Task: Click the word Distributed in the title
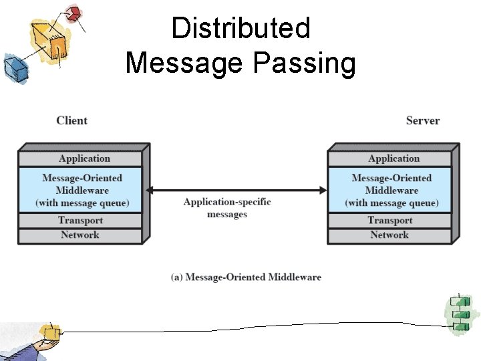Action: [x=240, y=29]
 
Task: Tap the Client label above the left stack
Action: [x=71, y=120]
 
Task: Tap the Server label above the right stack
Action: [x=422, y=120]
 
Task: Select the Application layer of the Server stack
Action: [x=393, y=158]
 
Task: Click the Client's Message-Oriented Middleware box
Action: [x=82, y=190]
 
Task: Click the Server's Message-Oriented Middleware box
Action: [x=391, y=190]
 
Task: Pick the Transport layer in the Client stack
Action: [x=80, y=220]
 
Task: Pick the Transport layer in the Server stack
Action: [x=390, y=220]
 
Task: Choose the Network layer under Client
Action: [x=79, y=235]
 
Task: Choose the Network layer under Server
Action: [x=389, y=235]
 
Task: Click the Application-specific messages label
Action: [x=227, y=208]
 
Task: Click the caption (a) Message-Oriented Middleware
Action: [x=247, y=277]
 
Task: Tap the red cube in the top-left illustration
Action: [x=74, y=13]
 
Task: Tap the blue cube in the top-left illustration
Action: [x=13, y=67]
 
